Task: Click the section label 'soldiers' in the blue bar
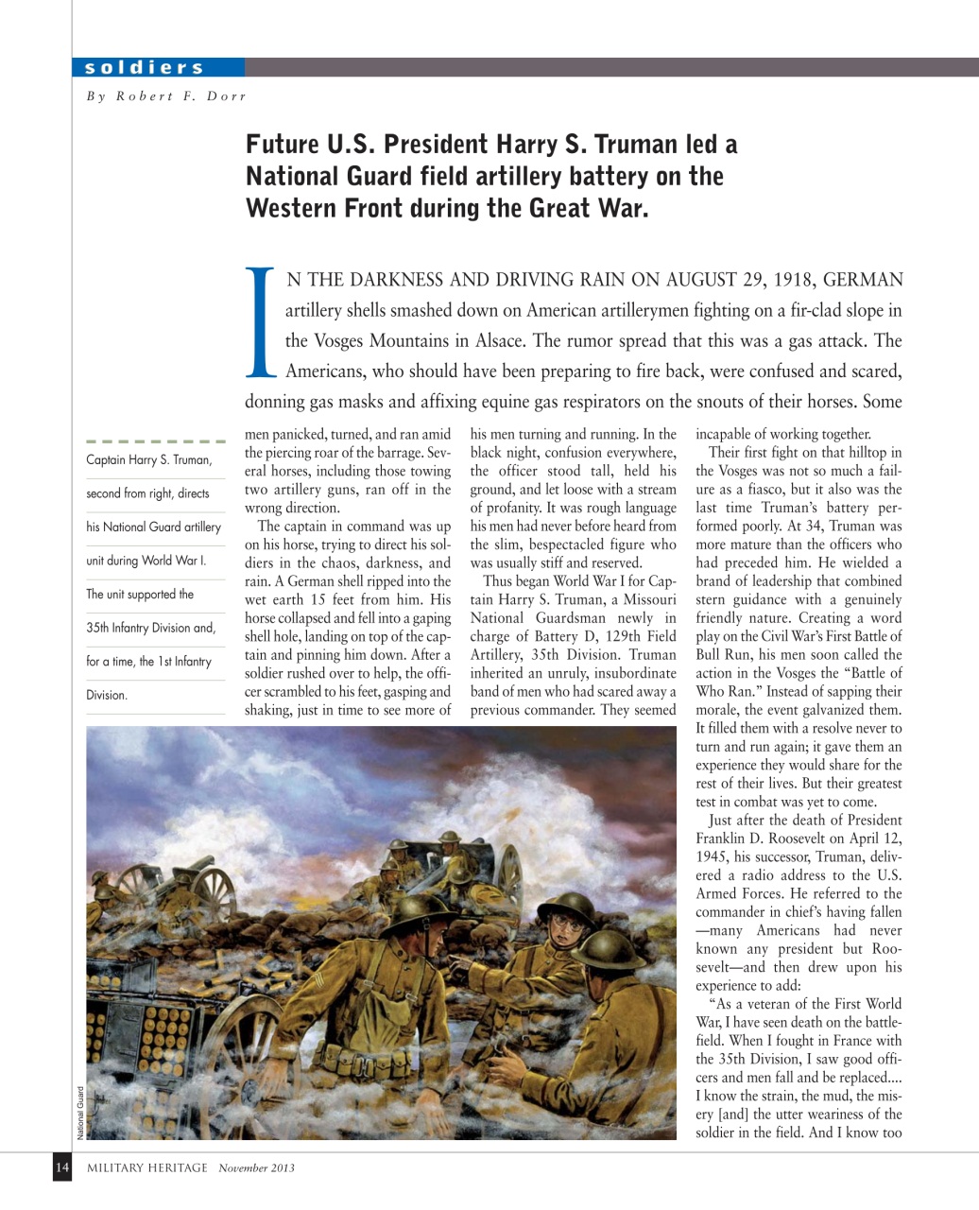[x=144, y=67]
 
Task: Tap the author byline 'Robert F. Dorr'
[x=180, y=95]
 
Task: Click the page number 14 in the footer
[x=61, y=1167]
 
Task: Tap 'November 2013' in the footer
[x=256, y=1167]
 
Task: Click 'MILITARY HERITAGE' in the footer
[x=147, y=1167]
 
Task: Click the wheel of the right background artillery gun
[x=509, y=870]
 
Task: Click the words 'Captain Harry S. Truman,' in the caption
[x=148, y=460]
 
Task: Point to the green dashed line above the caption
[x=155, y=441]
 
